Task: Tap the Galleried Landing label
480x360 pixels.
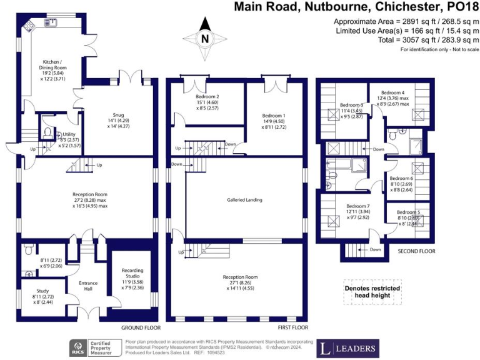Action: click(244, 200)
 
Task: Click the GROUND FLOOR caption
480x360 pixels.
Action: click(141, 327)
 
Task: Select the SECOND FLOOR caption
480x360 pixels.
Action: click(417, 251)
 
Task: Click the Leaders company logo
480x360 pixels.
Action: click(349, 347)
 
